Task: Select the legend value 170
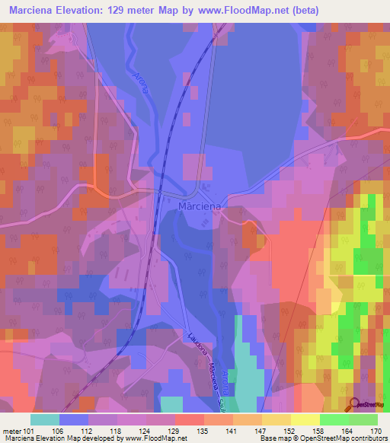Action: tap(375, 430)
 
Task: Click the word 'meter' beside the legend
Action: tap(11, 430)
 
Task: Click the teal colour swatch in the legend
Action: tap(45, 419)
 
